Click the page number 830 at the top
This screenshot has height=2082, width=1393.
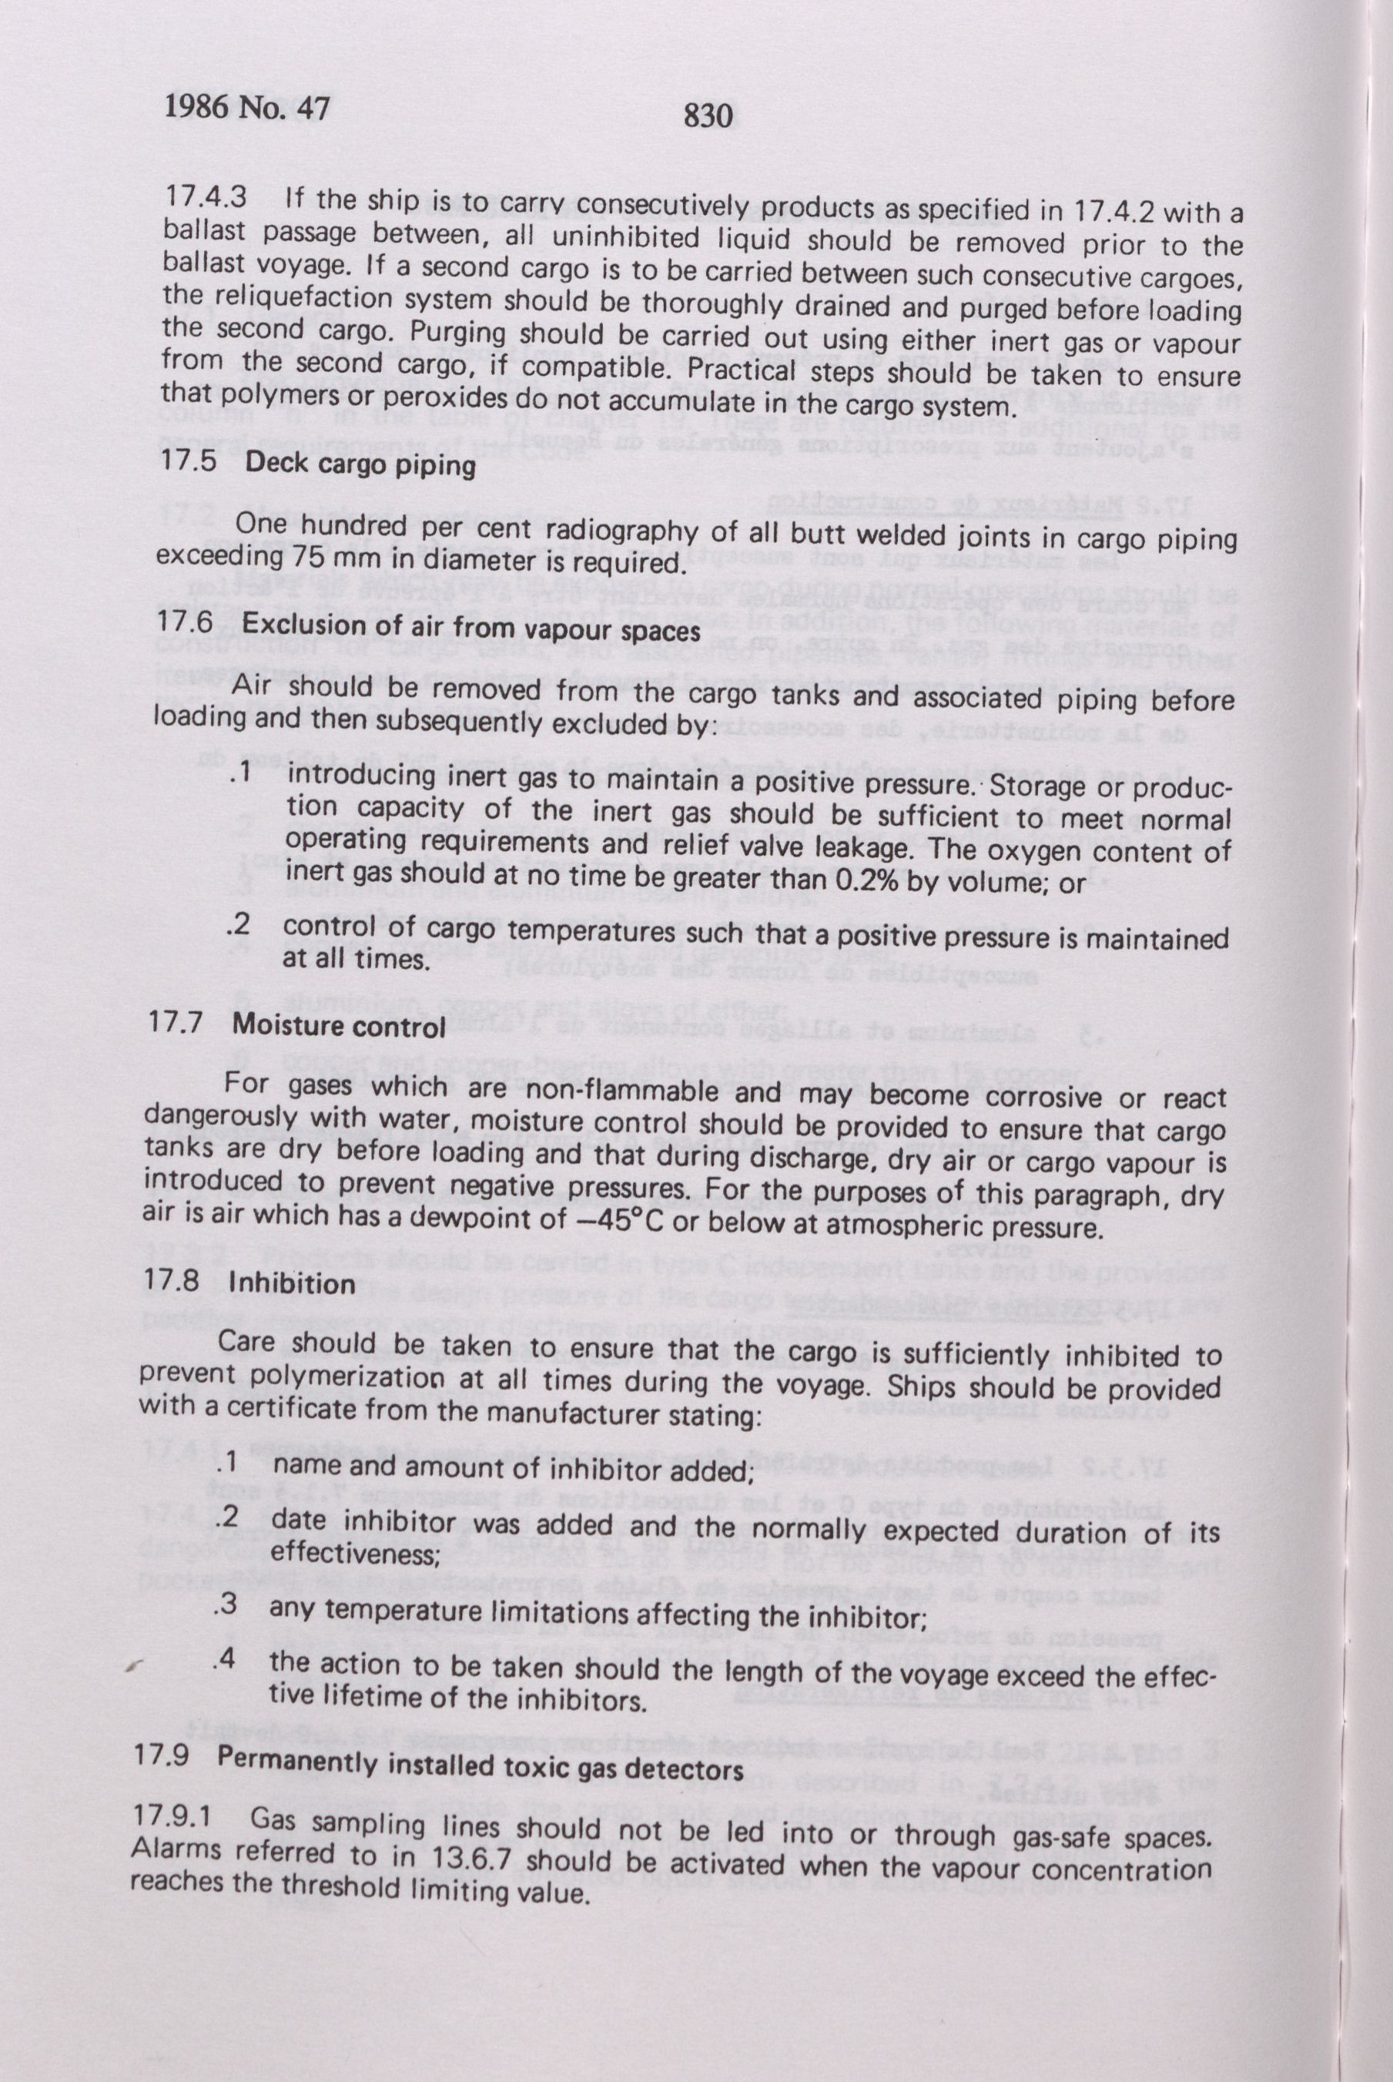[708, 116]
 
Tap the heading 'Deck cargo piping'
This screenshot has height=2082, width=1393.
[360, 464]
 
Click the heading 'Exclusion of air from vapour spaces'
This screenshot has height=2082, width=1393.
[473, 626]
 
